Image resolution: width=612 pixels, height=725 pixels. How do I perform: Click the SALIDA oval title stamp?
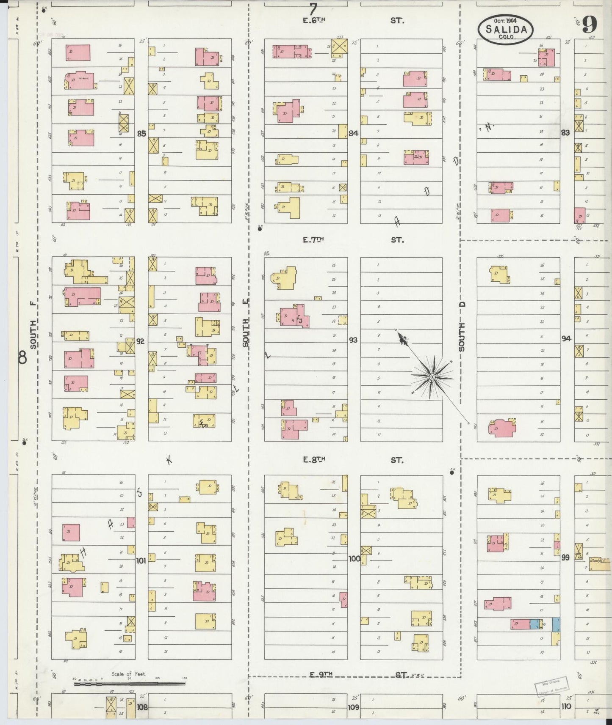[506, 30]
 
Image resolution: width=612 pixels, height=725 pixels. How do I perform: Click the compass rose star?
[432, 376]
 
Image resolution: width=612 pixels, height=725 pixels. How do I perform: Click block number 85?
[141, 134]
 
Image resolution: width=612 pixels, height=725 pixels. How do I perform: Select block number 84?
[353, 134]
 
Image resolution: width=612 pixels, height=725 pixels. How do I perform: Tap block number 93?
[353, 340]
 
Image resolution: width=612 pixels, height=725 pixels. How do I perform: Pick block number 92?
[141, 341]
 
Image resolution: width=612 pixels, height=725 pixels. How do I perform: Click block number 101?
[141, 561]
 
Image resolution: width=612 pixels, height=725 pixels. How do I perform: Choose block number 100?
[354, 558]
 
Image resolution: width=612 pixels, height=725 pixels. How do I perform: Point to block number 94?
[566, 338]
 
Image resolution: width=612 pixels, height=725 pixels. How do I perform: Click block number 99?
[565, 557]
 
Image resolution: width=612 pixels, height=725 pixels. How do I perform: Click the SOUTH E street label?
[246, 323]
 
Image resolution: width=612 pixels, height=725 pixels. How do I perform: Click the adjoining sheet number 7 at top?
[313, 8]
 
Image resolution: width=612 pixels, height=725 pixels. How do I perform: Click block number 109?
[353, 707]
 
